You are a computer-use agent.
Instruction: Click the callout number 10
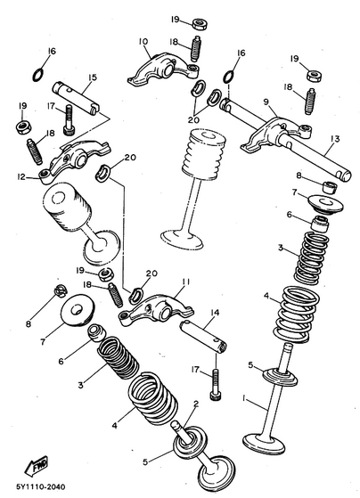click(x=143, y=42)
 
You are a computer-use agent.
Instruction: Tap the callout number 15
click(x=92, y=78)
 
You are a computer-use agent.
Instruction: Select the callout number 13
click(x=335, y=138)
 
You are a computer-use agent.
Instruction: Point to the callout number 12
click(x=21, y=176)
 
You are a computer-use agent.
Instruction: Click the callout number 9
click(x=266, y=102)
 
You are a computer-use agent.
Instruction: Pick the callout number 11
click(x=186, y=282)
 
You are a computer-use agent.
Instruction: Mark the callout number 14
click(x=215, y=313)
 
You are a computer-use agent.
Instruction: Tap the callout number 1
click(x=244, y=398)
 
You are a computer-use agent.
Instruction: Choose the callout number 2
click(x=196, y=404)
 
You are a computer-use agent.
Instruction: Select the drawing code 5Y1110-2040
click(x=41, y=487)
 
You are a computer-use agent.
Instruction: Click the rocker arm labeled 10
click(x=163, y=69)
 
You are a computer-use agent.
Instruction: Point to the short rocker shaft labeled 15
click(x=77, y=97)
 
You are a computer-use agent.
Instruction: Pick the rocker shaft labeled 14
click(x=203, y=338)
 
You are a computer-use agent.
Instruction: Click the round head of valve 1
click(x=264, y=443)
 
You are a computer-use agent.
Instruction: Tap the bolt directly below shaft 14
click(x=215, y=384)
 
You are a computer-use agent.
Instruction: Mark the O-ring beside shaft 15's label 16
click(x=37, y=75)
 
